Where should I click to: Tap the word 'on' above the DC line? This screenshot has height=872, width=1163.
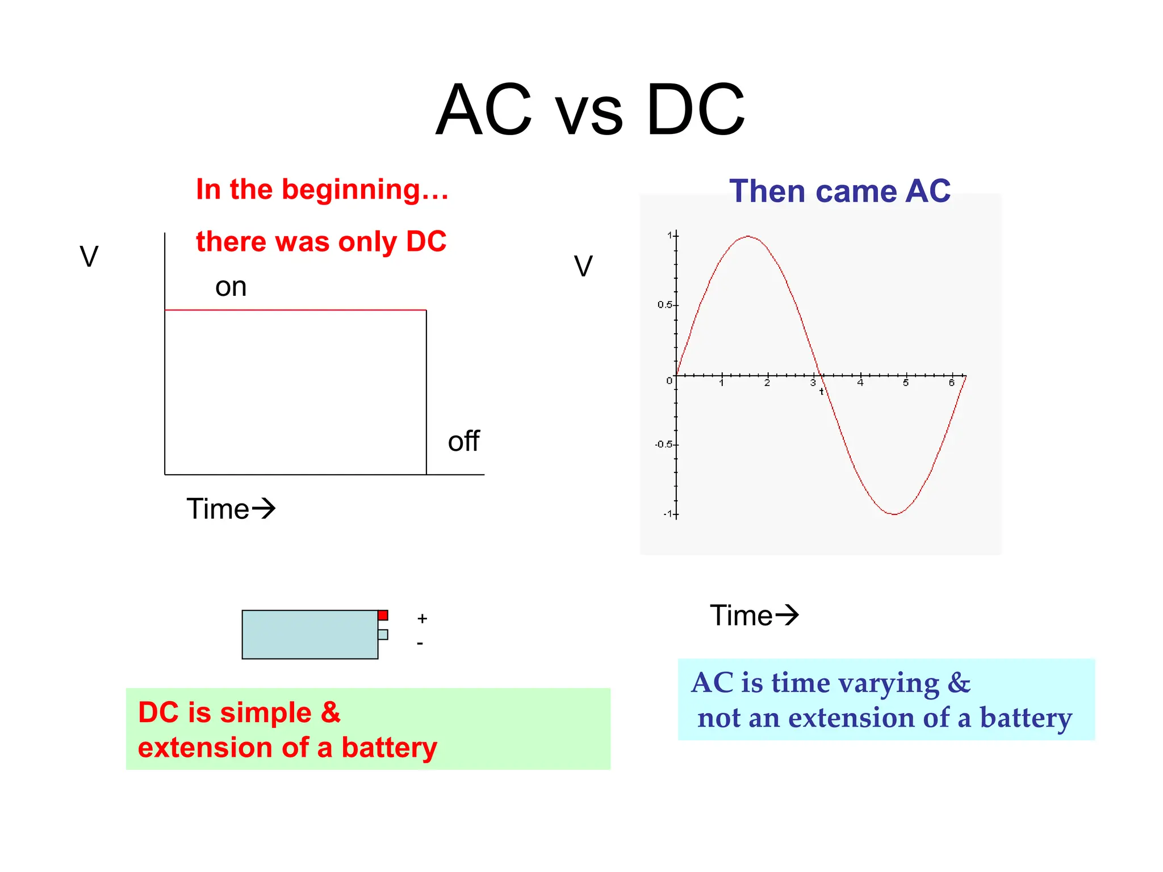(x=231, y=287)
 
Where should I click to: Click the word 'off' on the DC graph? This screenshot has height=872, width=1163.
(x=463, y=441)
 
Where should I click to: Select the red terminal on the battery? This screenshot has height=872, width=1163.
(x=383, y=615)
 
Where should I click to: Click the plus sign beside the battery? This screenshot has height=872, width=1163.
(x=422, y=618)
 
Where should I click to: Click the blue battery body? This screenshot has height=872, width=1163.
(x=309, y=634)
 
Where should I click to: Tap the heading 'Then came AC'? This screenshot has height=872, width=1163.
(x=839, y=191)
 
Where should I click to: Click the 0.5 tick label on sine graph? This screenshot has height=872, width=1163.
(x=664, y=305)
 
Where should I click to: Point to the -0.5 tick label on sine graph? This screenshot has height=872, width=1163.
(x=663, y=444)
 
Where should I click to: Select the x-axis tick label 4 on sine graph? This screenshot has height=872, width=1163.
(x=860, y=383)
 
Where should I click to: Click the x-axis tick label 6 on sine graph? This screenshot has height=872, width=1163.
(x=952, y=383)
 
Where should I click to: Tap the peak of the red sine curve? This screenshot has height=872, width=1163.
(x=748, y=236)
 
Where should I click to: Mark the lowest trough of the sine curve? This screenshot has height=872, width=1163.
(x=894, y=514)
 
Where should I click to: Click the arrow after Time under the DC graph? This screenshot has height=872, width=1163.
(x=263, y=508)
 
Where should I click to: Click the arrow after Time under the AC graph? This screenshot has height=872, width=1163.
(x=787, y=615)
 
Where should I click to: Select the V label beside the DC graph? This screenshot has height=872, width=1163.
(x=89, y=257)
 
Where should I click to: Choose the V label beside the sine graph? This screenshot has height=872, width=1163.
(x=583, y=266)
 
